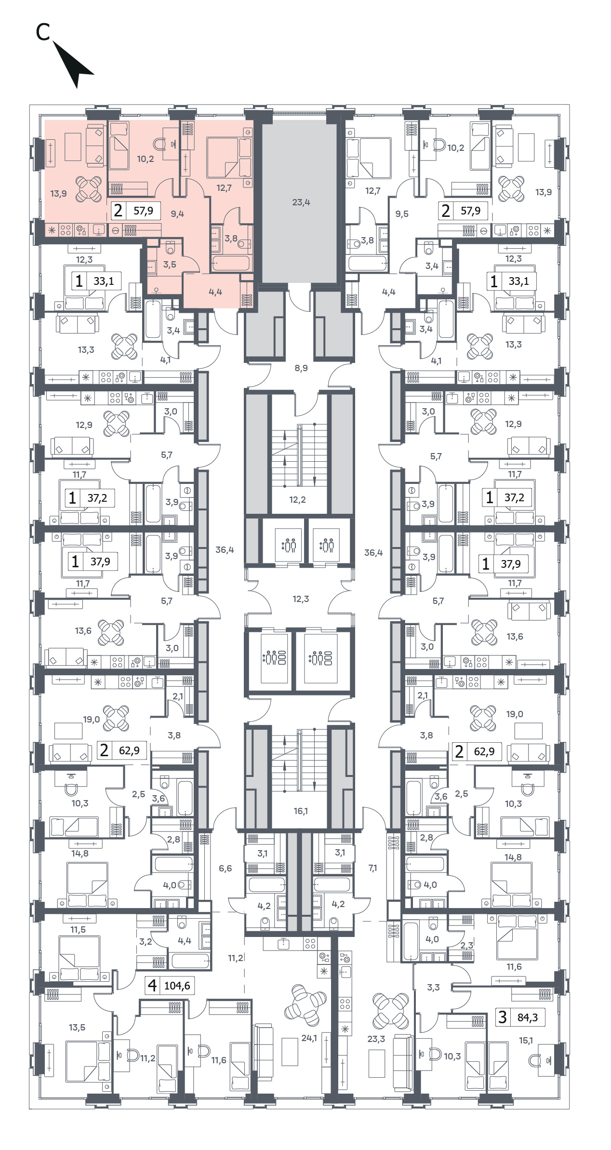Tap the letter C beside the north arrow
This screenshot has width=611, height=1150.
[x=43, y=32]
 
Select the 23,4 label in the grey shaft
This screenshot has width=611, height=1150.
[x=301, y=202]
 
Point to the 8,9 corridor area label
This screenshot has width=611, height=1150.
[x=301, y=368]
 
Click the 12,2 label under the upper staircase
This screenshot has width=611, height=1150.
[x=297, y=500]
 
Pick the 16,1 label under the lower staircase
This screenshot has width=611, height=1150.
[x=301, y=811]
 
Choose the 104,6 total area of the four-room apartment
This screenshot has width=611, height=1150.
[x=177, y=986]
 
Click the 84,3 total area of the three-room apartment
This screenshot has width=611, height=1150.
[x=528, y=1017]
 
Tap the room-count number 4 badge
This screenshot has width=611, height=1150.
[x=152, y=985]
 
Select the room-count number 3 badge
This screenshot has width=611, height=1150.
[x=503, y=1017]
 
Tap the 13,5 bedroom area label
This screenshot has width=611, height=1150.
[x=77, y=1028]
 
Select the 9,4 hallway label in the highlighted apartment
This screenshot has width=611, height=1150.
[x=177, y=214]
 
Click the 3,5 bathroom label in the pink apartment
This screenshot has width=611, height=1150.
[x=170, y=265]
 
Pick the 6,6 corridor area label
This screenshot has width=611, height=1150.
[x=225, y=868]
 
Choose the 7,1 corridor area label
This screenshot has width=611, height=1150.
[x=372, y=868]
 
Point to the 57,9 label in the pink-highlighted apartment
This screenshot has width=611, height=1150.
[x=143, y=211]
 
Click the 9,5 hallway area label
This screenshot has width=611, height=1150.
[x=402, y=214]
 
